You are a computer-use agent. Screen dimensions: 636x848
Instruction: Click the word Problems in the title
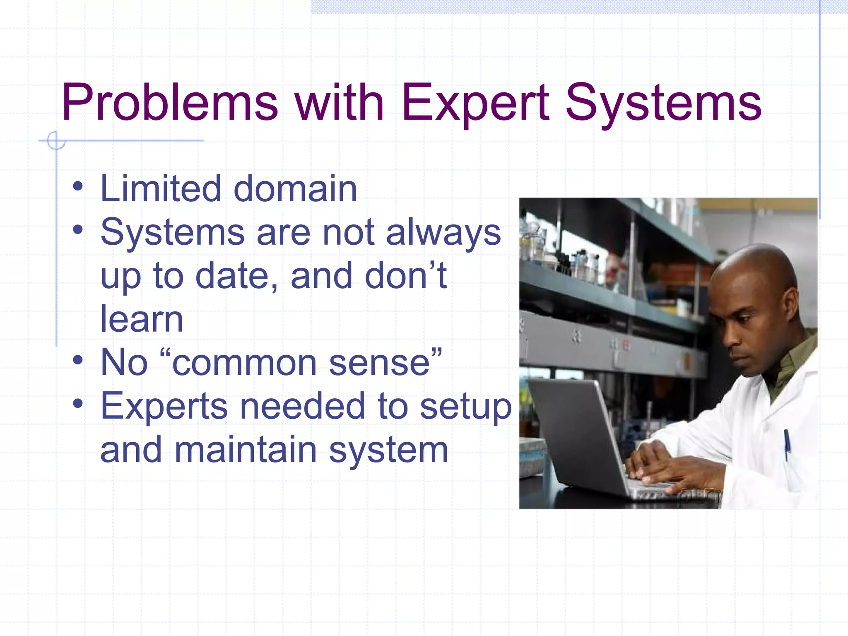pos(170,103)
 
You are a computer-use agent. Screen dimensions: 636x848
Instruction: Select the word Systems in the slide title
pos(663,103)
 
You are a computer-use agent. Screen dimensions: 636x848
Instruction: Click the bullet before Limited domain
pos(77,187)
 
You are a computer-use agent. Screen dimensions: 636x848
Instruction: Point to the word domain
pos(295,189)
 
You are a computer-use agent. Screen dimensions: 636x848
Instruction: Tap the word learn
pos(142,319)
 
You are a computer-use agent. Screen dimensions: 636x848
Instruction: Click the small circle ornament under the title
pos(56,140)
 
